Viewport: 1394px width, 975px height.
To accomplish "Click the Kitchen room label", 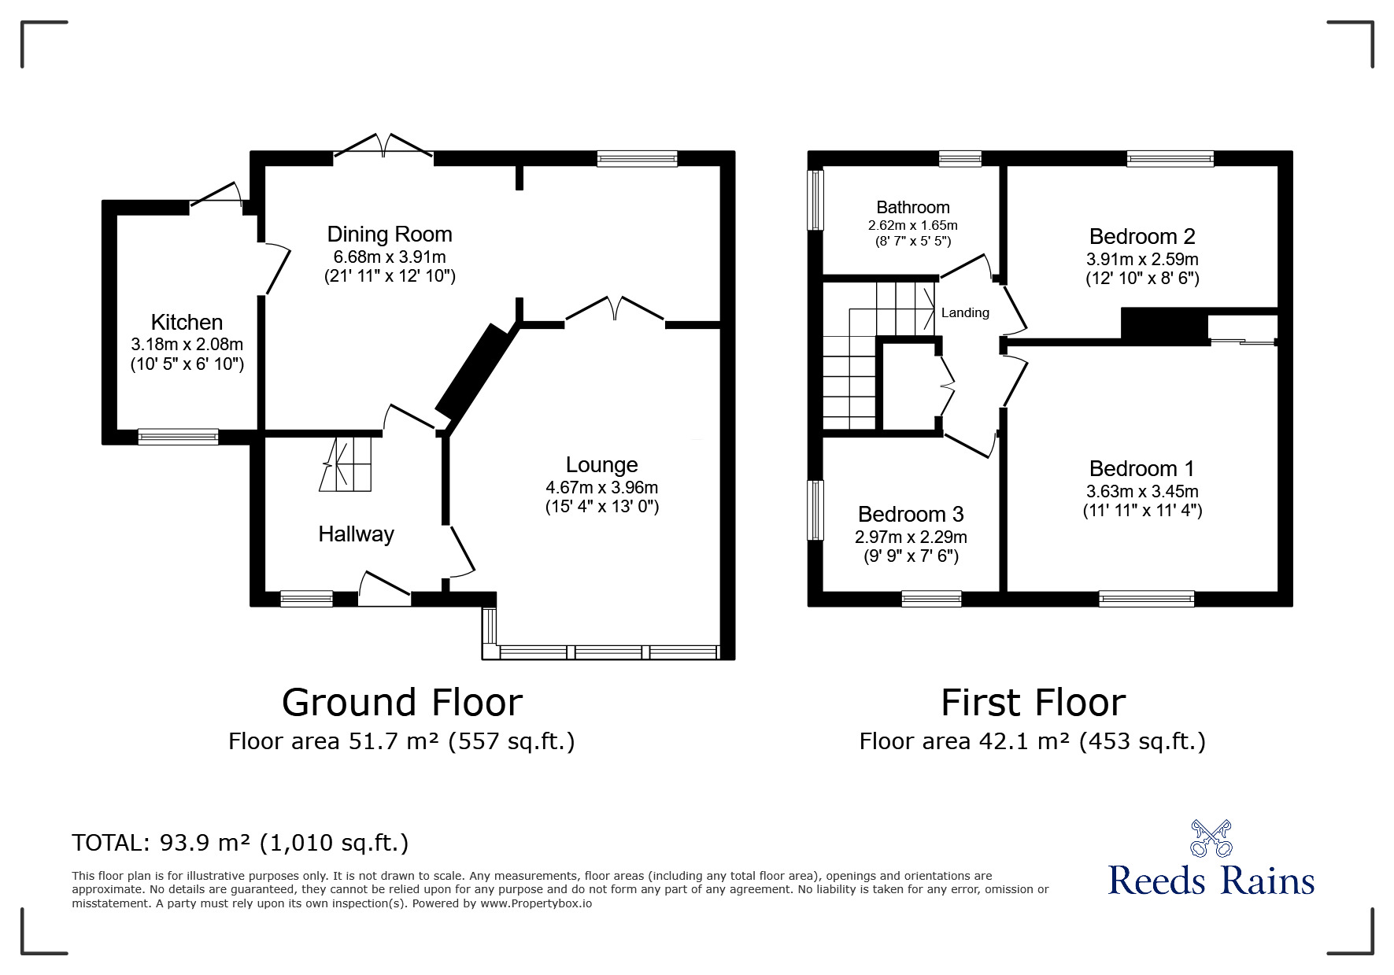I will pos(187,322).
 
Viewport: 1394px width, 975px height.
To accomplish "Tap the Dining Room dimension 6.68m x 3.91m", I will pos(390,257).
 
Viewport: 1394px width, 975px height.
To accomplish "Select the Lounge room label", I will pos(601,464).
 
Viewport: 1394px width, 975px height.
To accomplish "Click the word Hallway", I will pos(356,534).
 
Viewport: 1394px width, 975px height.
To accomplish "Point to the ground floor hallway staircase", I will pos(346,464).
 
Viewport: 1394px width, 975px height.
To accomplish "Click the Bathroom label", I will pos(912,207).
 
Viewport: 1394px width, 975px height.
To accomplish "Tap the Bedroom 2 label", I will pos(1141,236).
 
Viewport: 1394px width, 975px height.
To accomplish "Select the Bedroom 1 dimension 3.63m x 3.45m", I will pos(1141,491).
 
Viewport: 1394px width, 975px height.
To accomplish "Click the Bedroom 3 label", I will pos(911,514).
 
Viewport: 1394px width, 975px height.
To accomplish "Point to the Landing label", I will pos(965,312).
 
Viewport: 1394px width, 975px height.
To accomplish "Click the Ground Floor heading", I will pos(401,702).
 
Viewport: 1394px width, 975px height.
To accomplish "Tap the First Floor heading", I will pos(1033,702).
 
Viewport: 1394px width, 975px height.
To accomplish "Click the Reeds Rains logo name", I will pos(1211,881).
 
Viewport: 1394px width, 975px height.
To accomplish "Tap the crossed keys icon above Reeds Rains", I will pos(1211,838).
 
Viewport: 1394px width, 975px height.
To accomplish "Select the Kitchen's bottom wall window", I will pos(178,436).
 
